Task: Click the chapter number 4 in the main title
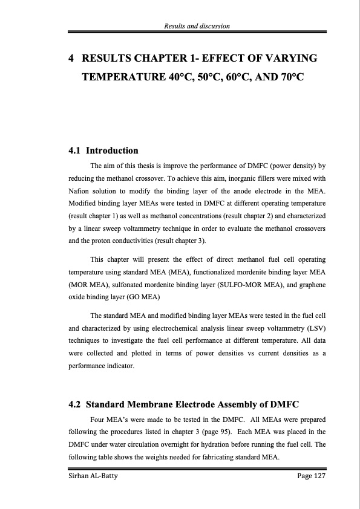point(72,59)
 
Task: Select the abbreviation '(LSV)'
point(315,327)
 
